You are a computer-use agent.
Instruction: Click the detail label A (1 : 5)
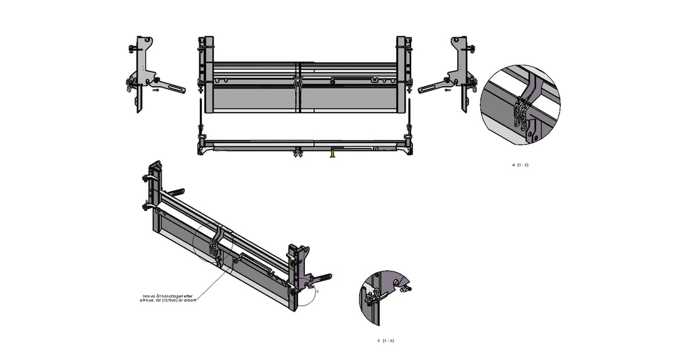[520, 165]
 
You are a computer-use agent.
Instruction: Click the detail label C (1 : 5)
[386, 341]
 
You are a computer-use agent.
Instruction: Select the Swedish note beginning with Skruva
[169, 297]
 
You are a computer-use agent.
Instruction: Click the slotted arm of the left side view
[170, 86]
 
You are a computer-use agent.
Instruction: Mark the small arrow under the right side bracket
[447, 90]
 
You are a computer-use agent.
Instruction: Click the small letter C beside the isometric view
[317, 292]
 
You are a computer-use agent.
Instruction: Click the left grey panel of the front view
[254, 98]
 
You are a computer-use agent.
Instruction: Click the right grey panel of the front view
[349, 98]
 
